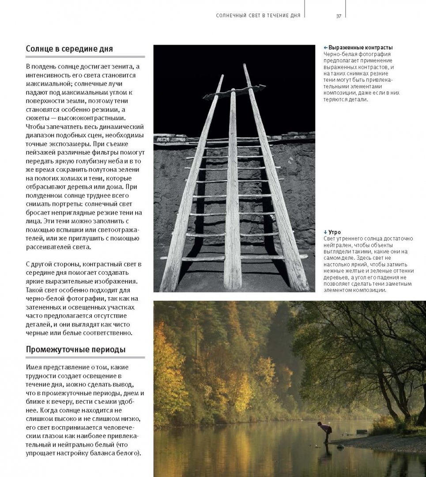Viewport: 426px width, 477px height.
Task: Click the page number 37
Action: point(339,15)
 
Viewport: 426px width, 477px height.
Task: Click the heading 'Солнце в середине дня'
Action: point(69,49)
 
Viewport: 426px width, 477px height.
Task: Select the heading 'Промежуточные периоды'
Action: point(75,349)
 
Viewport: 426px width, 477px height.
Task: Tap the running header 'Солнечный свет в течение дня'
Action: point(258,15)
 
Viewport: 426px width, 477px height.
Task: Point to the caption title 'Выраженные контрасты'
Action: point(361,48)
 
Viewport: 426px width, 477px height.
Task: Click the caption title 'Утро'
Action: point(335,232)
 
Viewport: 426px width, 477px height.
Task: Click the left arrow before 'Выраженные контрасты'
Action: point(325,48)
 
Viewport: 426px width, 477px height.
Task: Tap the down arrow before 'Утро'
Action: point(325,232)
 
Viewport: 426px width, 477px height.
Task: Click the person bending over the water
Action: point(325,430)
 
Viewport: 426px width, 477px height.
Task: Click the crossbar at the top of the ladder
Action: point(234,92)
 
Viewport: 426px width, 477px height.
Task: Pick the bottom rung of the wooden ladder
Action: point(234,257)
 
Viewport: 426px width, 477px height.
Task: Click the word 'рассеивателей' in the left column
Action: point(48,247)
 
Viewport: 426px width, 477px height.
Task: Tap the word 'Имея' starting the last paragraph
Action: point(34,367)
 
